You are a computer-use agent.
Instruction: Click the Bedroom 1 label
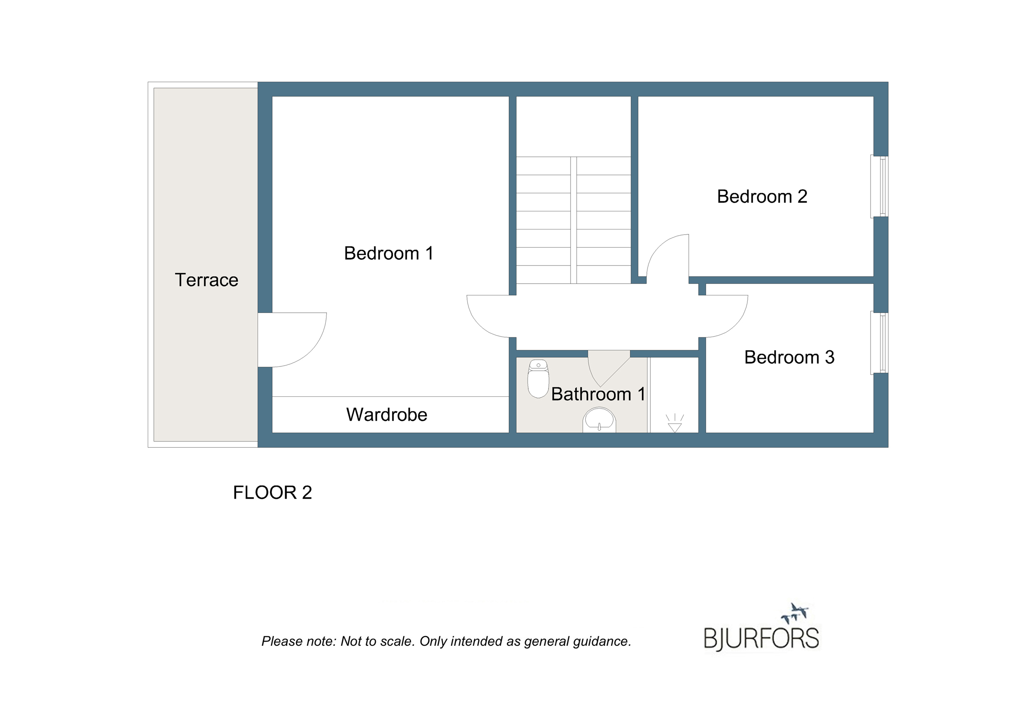(389, 253)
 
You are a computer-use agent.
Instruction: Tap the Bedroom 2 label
(762, 197)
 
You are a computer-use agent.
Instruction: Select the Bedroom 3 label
(789, 357)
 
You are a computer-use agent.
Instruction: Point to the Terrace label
(207, 280)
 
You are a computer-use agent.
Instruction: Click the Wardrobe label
(387, 415)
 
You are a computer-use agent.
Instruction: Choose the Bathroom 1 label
(598, 394)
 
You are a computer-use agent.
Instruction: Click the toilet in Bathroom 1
(538, 379)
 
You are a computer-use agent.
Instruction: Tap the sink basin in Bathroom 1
(599, 420)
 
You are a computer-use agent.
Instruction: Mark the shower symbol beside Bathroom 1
(675, 423)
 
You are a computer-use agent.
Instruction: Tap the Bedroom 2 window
(879, 186)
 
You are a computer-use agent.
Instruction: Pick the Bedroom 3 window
(879, 343)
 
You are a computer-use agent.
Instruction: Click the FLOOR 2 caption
(273, 493)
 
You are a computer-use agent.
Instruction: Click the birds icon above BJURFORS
(795, 613)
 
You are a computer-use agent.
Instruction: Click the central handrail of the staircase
(573, 220)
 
